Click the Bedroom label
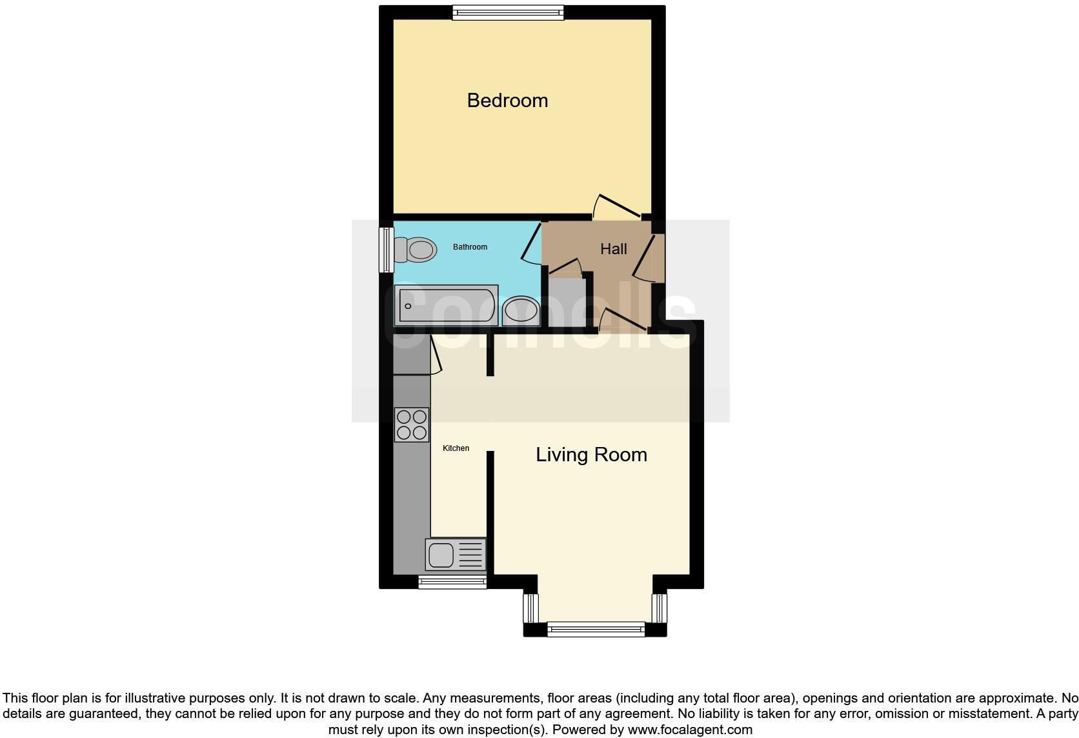click(x=507, y=101)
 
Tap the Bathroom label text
click(x=470, y=247)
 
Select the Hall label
click(x=613, y=249)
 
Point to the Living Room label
click(x=591, y=455)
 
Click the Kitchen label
click(x=456, y=448)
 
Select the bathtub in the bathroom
click(x=447, y=306)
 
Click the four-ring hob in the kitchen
click(x=412, y=424)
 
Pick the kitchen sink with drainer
click(x=456, y=555)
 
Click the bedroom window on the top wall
click(x=508, y=12)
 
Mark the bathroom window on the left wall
click(x=386, y=249)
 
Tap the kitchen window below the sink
click(x=452, y=583)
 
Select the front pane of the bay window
click(x=596, y=629)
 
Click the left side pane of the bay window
click(x=530, y=608)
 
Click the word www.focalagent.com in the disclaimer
click(x=689, y=730)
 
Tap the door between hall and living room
click(x=623, y=321)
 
